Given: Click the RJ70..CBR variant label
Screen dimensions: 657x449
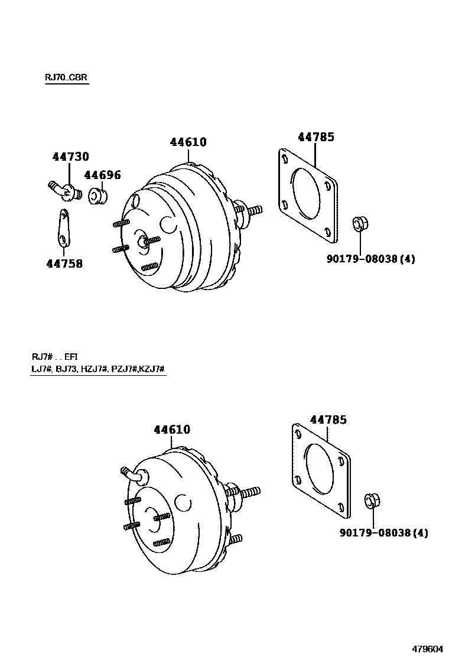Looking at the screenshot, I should click(67, 78).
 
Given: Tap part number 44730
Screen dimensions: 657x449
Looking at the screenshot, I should click(70, 157).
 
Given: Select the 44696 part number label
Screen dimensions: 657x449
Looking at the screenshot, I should click(102, 175).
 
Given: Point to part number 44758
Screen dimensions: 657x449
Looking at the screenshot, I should click(64, 264).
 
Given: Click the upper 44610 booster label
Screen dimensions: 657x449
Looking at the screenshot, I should click(188, 142).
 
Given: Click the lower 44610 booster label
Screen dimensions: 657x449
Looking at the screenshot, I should click(172, 430).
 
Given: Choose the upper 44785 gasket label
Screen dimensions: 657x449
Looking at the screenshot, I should click(315, 137).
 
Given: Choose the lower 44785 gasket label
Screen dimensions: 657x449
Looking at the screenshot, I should click(328, 420).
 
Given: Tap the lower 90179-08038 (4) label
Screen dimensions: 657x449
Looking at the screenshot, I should click(383, 533).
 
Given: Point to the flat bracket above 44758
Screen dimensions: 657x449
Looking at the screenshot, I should click(64, 227).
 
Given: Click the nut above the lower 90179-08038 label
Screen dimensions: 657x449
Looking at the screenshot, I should click(372, 500).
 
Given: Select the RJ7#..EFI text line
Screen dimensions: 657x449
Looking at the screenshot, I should click(54, 357).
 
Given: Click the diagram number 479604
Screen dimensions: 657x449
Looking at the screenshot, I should click(426, 648).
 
